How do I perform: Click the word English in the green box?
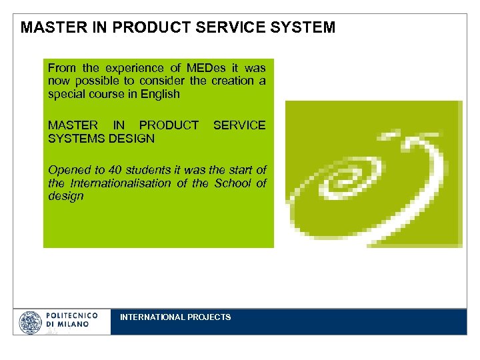pyautogui.click(x=159, y=94)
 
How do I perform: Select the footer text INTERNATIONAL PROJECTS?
pyautogui.click(x=175, y=317)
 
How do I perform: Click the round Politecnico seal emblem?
pyautogui.click(x=31, y=321)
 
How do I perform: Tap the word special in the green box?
pyautogui.click(x=65, y=94)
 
